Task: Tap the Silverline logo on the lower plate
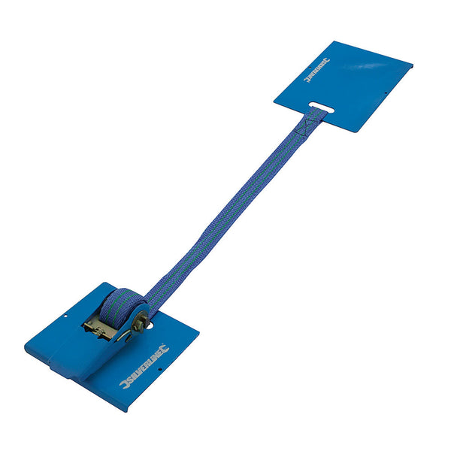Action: tap(144, 366)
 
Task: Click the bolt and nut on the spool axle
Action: tap(140, 322)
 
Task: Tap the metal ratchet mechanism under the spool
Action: tap(101, 325)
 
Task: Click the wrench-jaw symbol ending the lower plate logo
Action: tap(165, 349)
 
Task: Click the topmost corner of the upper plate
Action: tap(334, 41)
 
